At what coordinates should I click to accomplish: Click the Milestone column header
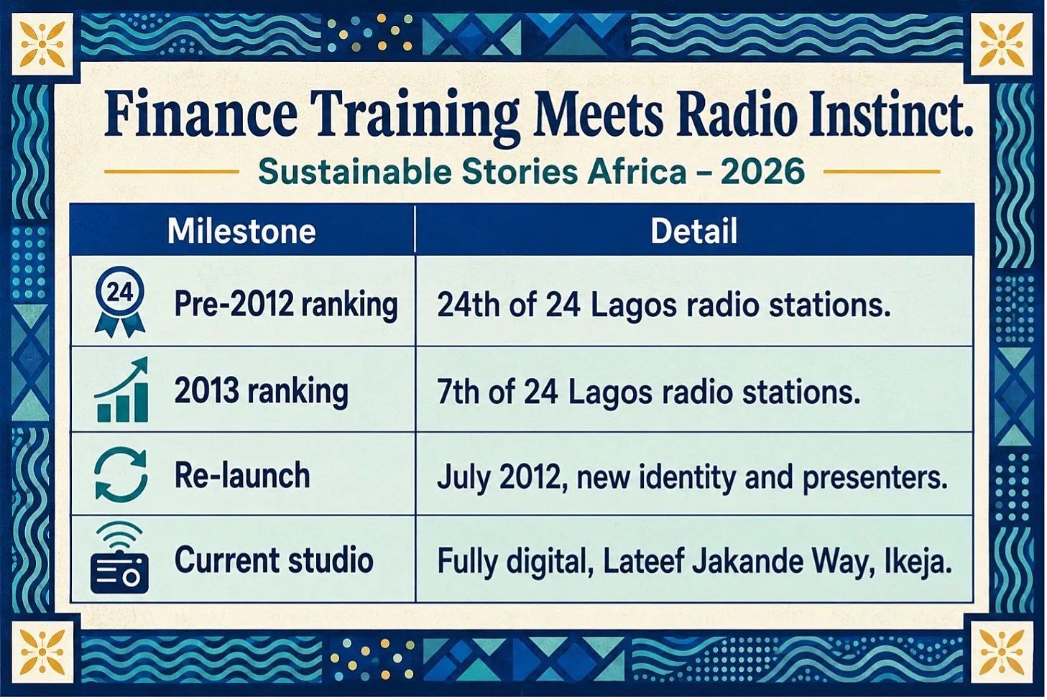point(241,231)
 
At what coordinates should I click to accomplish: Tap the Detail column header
point(693,231)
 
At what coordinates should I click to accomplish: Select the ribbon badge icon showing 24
point(120,302)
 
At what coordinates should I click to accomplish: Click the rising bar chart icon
point(121,390)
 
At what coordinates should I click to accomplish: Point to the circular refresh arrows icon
point(121,474)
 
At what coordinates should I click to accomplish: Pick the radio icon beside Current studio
point(120,558)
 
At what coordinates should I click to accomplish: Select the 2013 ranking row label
point(262,391)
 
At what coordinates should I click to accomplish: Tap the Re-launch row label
point(242,476)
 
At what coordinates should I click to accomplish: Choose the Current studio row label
point(274,559)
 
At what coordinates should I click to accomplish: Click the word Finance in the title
point(200,114)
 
